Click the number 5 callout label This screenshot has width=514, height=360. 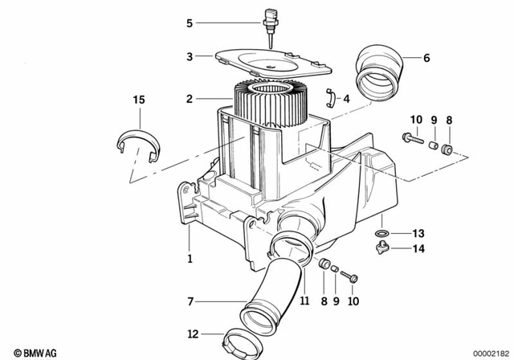(190, 23)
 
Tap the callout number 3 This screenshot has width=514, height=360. (190, 57)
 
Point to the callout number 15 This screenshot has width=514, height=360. (139, 100)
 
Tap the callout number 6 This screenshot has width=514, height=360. (426, 58)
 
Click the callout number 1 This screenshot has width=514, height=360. (190, 259)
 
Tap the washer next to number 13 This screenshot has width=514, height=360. (382, 234)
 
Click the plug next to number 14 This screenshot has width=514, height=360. (383, 249)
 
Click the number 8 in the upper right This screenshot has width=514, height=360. (449, 120)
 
